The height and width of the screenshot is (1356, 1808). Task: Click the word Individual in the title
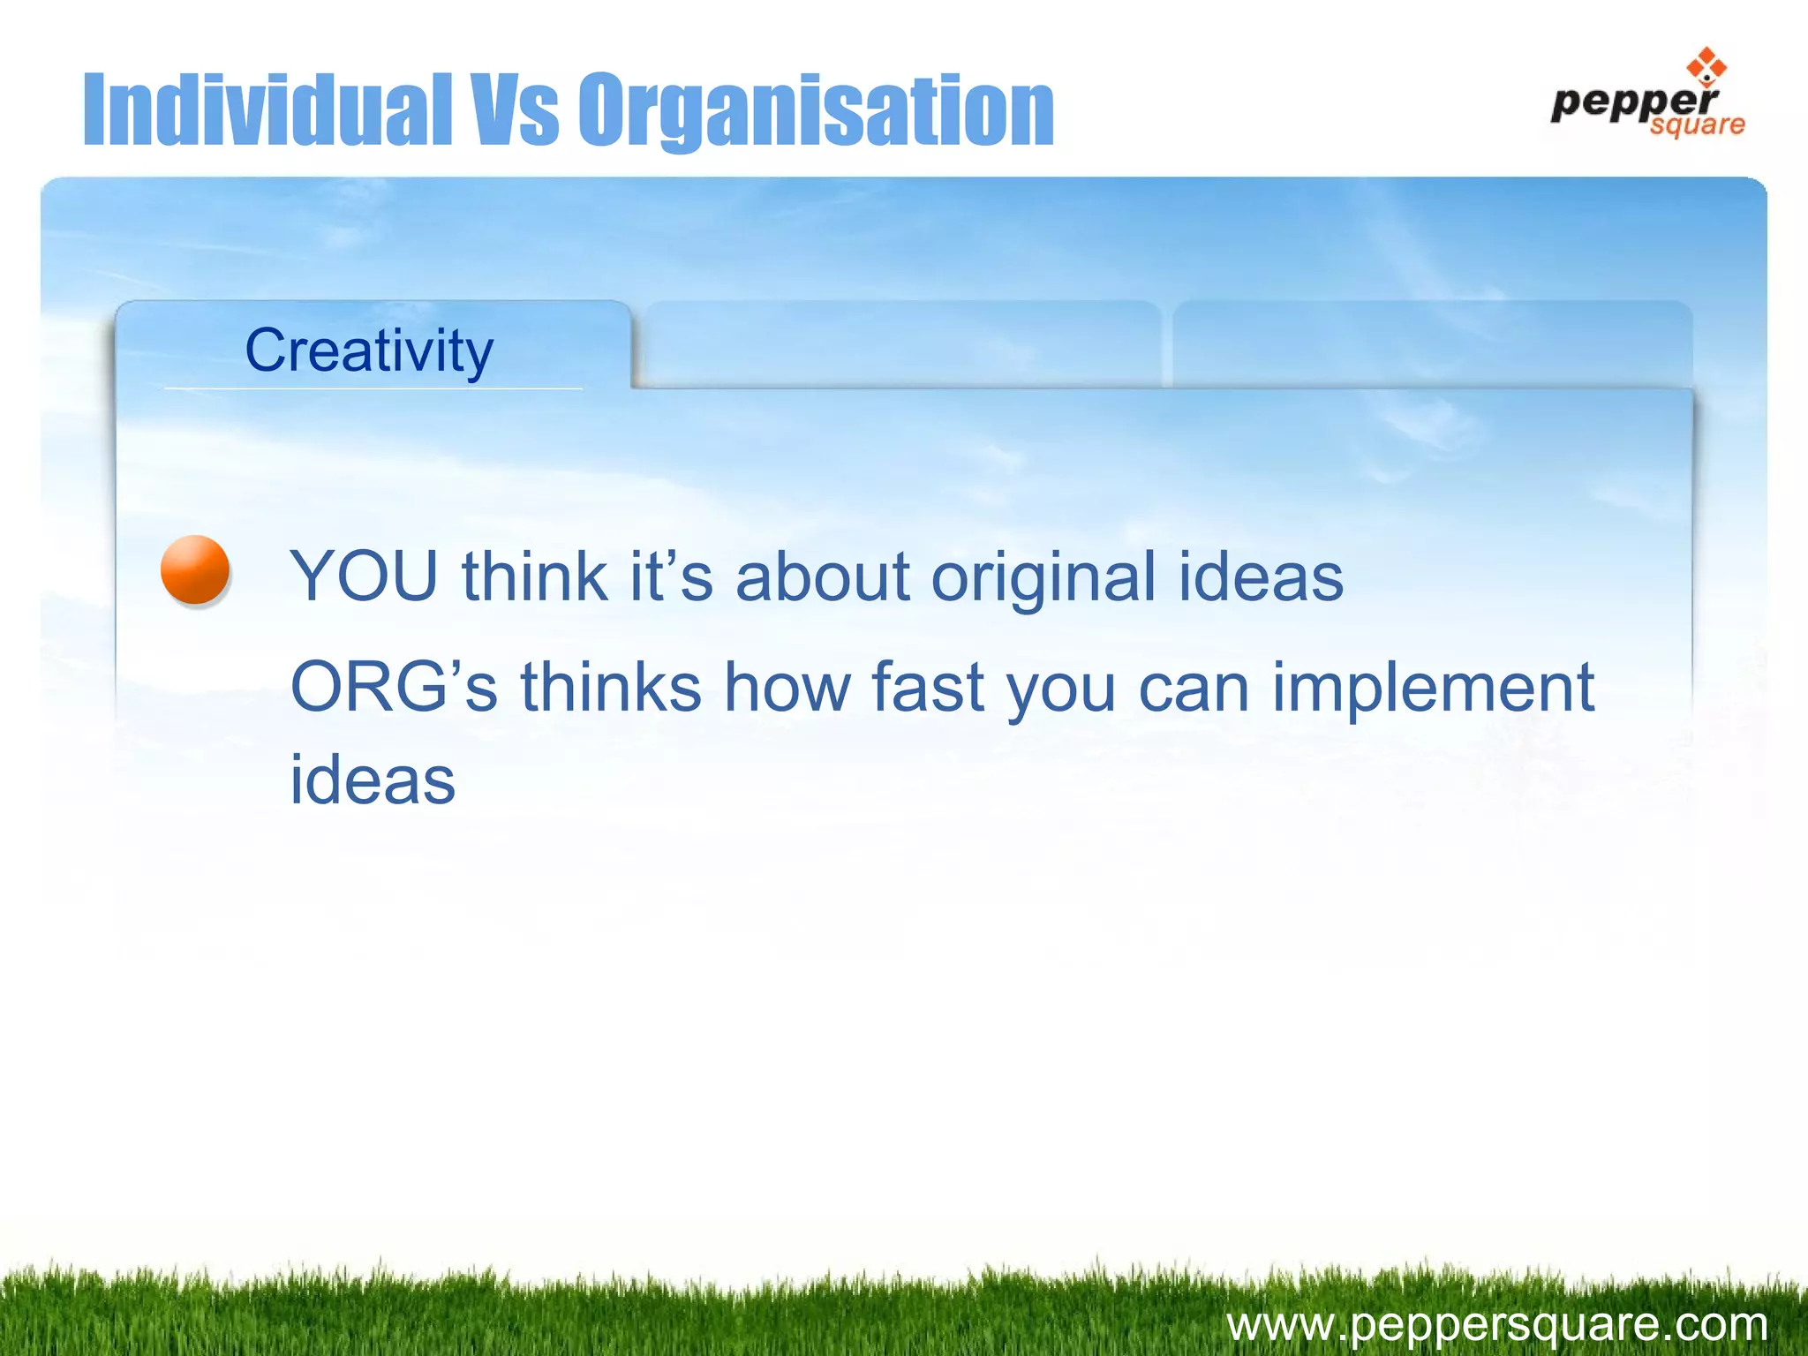(267, 110)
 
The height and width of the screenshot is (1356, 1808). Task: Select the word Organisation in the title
(816, 110)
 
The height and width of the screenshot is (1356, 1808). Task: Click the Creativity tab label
(369, 350)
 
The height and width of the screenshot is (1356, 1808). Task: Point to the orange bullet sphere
(195, 569)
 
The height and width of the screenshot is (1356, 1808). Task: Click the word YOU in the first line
(364, 576)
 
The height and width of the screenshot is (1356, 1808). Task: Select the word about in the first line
(822, 576)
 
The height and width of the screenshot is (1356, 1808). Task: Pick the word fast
(927, 687)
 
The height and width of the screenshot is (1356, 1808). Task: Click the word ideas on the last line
(373, 780)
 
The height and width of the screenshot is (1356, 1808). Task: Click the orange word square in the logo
(1697, 125)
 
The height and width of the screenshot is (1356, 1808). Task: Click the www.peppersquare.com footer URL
(1496, 1324)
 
